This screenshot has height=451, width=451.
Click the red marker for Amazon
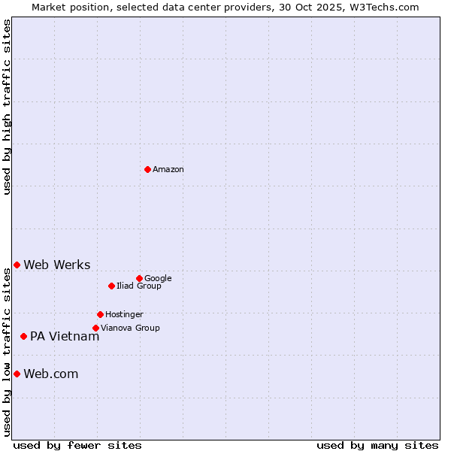(x=147, y=169)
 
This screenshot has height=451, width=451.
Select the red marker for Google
(x=139, y=278)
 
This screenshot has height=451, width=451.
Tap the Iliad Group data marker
(x=111, y=286)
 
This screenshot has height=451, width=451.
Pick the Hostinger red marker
(x=100, y=314)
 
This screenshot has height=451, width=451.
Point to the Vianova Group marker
(x=95, y=328)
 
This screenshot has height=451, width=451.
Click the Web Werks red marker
(x=17, y=265)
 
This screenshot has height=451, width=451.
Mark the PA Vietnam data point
(x=23, y=336)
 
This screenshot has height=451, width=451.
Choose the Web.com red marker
(x=17, y=374)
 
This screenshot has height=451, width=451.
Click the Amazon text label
(x=168, y=170)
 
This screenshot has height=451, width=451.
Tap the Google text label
(x=158, y=279)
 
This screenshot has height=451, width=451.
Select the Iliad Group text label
(x=139, y=286)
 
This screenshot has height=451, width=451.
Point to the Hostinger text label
(x=124, y=315)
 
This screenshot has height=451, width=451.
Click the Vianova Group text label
(x=130, y=328)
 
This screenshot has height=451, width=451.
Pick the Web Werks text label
(x=57, y=265)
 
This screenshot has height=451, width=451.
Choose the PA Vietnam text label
(x=65, y=337)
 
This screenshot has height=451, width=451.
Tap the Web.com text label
(x=51, y=374)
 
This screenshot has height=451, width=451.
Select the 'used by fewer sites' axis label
(x=77, y=445)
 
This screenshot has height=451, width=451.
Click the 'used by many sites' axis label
(x=377, y=445)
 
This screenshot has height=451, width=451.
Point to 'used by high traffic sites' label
(x=7, y=107)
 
